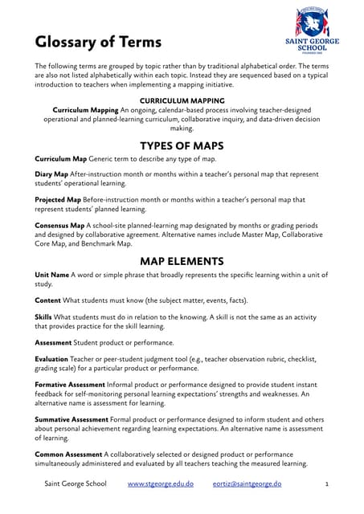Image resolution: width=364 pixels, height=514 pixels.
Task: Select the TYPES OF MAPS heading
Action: coord(182,145)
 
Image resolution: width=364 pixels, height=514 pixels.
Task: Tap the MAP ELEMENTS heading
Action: coord(182,260)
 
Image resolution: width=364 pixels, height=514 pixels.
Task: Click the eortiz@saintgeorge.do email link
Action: coord(247,486)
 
